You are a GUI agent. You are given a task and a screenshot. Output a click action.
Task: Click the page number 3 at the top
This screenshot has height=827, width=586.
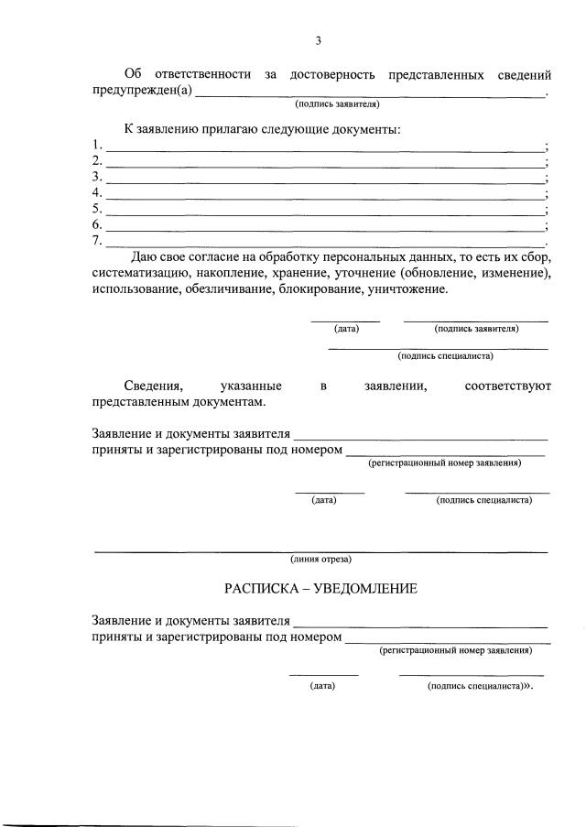pos(318,40)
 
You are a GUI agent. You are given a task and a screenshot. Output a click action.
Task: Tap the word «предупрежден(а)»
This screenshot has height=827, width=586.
pos(142,90)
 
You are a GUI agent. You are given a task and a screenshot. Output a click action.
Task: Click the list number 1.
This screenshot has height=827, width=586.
pos(97,146)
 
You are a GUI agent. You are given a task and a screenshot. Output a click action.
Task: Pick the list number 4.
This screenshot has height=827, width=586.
pos(97,193)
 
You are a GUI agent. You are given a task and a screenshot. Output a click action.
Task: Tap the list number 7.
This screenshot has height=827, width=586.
pos(97,241)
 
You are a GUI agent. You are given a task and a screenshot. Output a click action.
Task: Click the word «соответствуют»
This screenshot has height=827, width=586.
pos(507,386)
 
